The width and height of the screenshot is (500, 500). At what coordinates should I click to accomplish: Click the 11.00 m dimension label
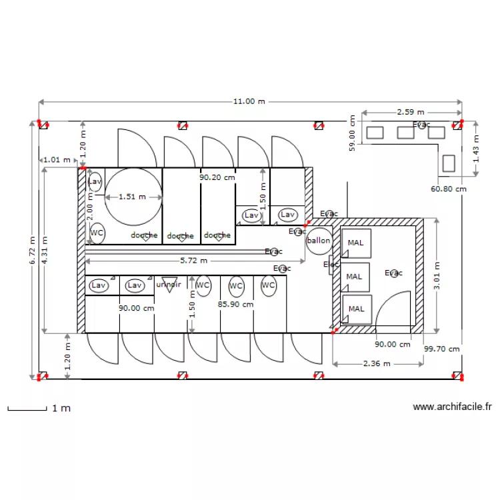[x=249, y=101]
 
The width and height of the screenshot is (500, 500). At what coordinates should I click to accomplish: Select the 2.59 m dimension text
[x=411, y=113]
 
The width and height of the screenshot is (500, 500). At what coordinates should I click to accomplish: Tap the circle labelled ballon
[x=319, y=241]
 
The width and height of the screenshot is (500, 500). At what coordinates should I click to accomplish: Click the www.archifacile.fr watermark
[x=452, y=407]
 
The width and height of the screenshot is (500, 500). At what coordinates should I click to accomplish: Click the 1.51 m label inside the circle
[x=132, y=197]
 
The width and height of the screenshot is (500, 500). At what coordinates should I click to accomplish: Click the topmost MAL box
[x=356, y=243]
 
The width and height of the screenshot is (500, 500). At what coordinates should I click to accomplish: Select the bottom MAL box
[x=356, y=309]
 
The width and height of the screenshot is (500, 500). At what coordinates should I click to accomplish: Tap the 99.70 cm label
[x=442, y=349]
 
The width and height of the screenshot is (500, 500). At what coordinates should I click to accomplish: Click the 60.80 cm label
[x=448, y=189]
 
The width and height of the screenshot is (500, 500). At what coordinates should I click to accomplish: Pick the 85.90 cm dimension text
[x=235, y=304]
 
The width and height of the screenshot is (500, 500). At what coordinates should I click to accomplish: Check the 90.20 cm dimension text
[x=217, y=178]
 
